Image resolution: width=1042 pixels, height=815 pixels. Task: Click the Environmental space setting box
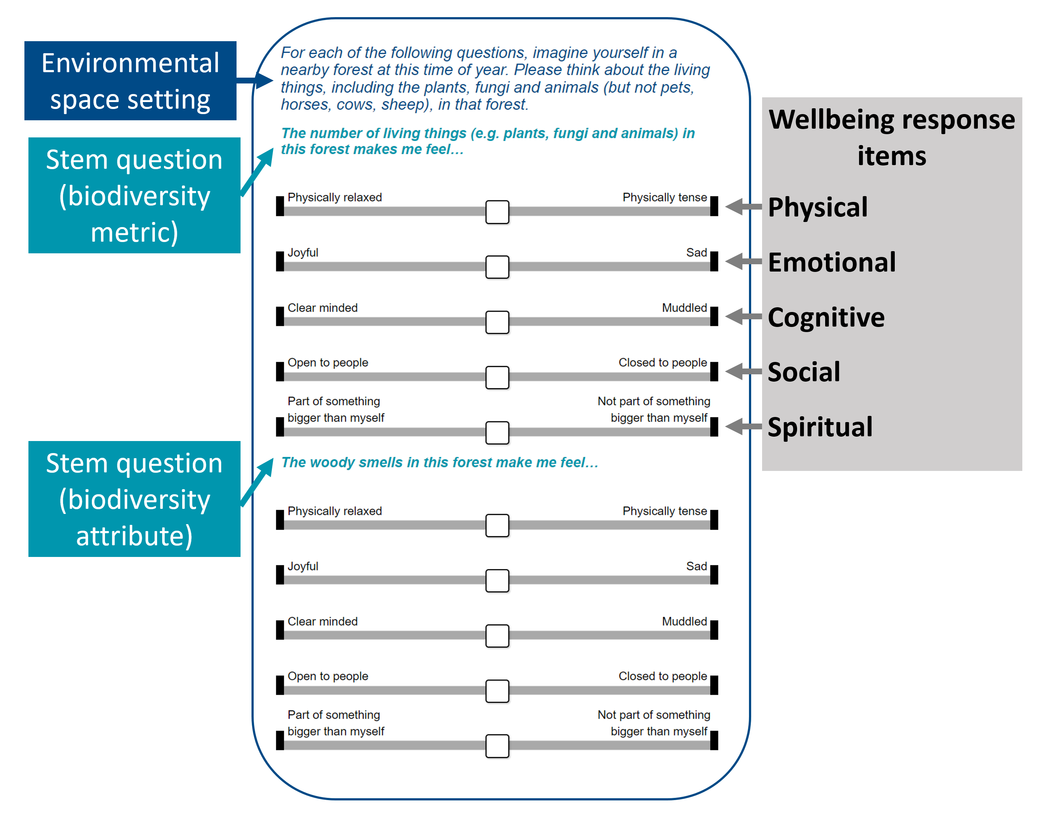[x=130, y=81]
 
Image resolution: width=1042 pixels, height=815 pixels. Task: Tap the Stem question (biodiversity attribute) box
[x=134, y=499]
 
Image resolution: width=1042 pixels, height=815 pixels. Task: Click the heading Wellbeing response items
[x=891, y=137]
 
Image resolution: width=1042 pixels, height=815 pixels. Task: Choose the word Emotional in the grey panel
[x=832, y=262]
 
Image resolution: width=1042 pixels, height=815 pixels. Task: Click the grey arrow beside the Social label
[x=743, y=371]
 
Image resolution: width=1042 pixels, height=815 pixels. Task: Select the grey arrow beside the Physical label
[x=743, y=207]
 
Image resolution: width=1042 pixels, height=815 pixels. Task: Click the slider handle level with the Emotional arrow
[x=497, y=267]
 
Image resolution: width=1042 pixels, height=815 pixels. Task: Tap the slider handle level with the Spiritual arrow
[x=497, y=432]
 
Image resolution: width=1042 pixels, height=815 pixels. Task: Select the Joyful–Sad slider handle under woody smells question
[x=497, y=580]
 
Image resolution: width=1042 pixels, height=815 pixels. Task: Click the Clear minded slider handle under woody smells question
[x=497, y=636]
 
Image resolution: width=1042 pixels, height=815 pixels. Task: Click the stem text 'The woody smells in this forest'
[x=439, y=463]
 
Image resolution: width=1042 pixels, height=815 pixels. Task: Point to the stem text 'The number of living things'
[x=487, y=141]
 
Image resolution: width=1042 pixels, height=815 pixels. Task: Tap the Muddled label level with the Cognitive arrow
[x=684, y=308]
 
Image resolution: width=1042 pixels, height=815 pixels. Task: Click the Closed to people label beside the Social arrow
[x=662, y=363]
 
